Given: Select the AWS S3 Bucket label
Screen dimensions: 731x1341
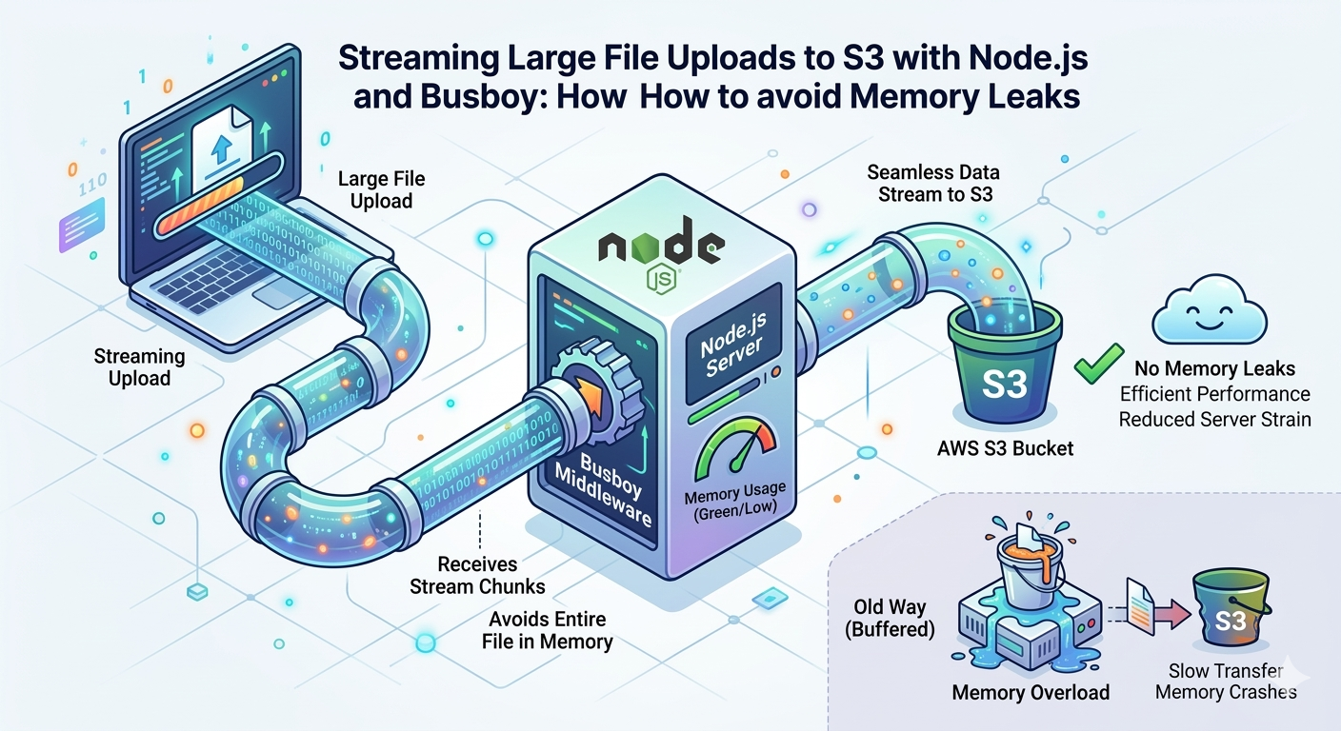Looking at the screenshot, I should coord(1005,447).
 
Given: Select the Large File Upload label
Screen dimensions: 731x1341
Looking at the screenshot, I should coord(381,189).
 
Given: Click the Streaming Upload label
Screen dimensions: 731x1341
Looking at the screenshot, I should coord(139,367).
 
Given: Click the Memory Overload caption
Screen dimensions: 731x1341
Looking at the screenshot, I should coord(1031,692).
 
